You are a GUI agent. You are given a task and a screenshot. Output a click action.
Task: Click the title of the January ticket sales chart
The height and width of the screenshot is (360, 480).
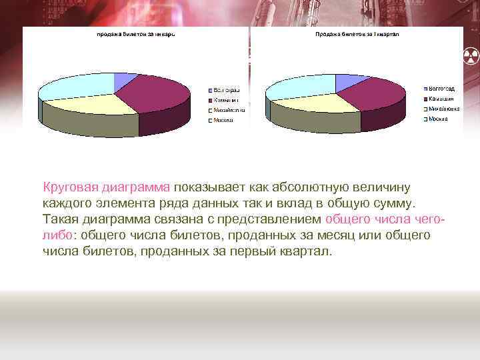tap(136, 35)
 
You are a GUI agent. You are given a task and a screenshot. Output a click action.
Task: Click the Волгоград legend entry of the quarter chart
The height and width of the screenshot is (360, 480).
tap(441, 88)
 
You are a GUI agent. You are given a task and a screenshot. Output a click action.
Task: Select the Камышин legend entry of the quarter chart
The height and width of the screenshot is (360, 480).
tap(440, 99)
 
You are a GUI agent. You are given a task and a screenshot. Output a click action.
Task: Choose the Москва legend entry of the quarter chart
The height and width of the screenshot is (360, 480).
tap(437, 119)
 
